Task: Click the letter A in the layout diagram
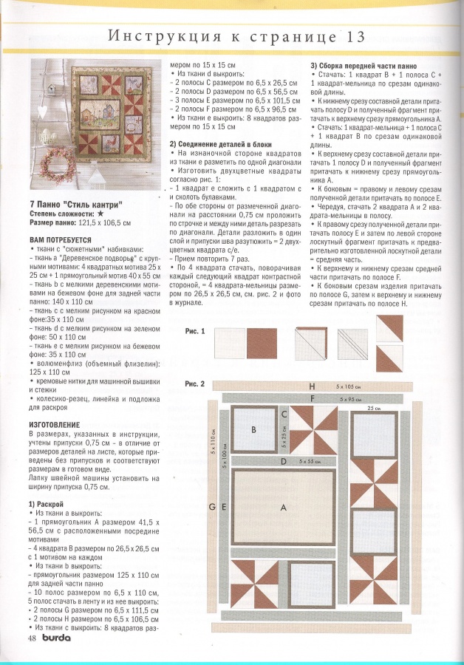[282, 508]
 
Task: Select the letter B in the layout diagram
[253, 429]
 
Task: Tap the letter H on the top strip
[313, 386]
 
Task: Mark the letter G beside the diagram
[213, 506]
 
